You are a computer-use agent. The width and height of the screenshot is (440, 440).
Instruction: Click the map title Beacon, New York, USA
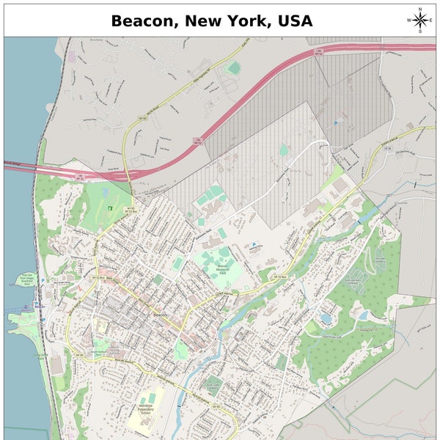pyautogui.click(x=212, y=20)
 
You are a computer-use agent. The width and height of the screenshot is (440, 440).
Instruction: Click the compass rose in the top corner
pyautogui.click(x=419, y=21)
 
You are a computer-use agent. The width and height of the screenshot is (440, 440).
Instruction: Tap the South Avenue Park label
pyautogui.click(x=100, y=353)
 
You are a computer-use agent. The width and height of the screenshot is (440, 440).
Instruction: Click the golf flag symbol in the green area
pyautogui.click(x=110, y=208)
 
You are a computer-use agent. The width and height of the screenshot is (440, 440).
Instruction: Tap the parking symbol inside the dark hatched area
pyautogui.click(x=336, y=122)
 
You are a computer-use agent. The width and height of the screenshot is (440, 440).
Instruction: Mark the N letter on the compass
pyautogui.click(x=419, y=10)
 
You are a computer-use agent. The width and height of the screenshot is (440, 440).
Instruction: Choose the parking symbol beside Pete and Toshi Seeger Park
pyautogui.click(x=43, y=281)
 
